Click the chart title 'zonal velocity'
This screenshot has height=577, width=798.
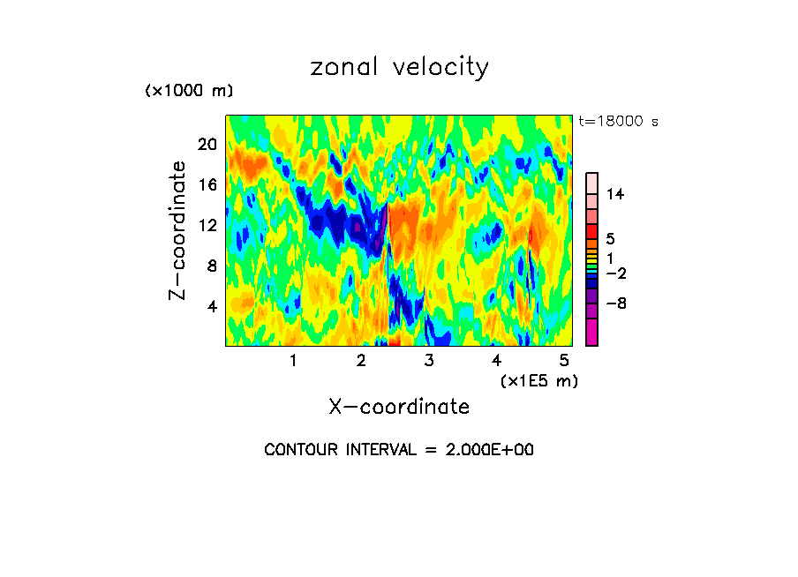point(399,67)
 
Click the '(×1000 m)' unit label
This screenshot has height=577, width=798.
point(189,92)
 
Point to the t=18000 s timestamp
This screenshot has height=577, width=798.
point(618,122)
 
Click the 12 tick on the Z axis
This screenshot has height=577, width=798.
point(207,225)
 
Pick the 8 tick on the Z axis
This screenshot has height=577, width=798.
point(211,266)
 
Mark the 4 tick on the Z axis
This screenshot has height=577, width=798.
point(211,306)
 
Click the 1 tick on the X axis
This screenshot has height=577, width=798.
point(293,360)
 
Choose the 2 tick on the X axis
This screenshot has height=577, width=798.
point(361,360)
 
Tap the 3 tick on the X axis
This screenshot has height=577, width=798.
point(429,360)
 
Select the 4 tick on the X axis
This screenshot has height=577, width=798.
point(497,360)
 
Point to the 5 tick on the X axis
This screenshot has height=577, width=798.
point(565,360)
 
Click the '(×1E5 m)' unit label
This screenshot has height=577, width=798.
point(539,380)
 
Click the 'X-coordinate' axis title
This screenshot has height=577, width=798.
point(399,407)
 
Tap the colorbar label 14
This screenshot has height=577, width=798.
point(616,194)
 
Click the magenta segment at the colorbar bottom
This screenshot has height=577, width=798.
point(592,333)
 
